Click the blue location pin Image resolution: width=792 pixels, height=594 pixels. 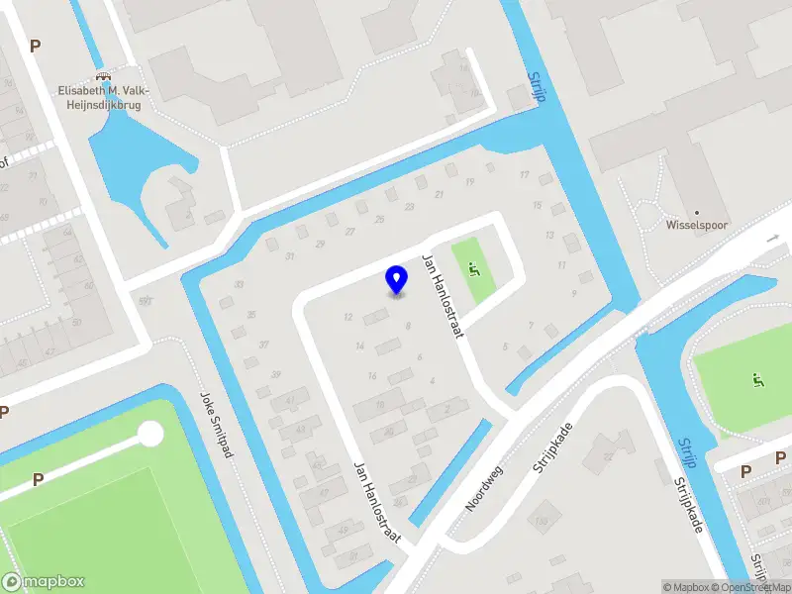tap(396, 280)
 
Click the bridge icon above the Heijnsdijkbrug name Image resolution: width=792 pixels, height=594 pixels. tap(101, 79)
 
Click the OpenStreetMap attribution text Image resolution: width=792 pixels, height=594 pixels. tap(756, 587)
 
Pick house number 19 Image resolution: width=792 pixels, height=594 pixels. tap(469, 181)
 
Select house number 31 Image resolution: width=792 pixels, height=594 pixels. tap(289, 255)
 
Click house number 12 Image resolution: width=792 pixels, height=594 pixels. tap(347, 317)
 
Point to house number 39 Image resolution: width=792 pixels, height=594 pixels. tap(275, 373)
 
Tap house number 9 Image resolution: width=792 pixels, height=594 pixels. tap(573, 294)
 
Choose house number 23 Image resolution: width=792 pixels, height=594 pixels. tap(409, 206)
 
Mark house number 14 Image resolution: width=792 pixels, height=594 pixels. tap(359, 346)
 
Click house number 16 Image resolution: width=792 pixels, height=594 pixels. tap(371, 375)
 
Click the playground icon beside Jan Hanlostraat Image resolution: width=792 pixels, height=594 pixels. tap(473, 264)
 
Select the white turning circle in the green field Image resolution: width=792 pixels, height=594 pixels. tap(150, 434)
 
